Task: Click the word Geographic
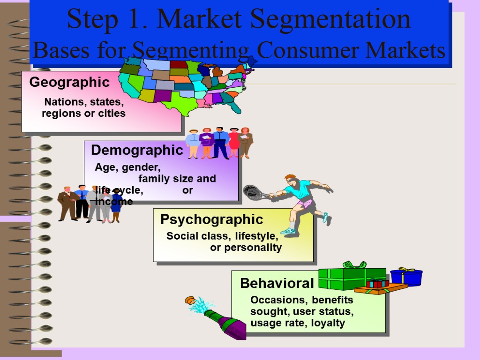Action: click(x=69, y=82)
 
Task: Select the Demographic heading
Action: click(x=137, y=150)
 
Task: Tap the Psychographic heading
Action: click(x=211, y=219)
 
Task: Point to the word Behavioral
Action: click(x=277, y=283)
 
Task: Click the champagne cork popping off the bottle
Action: click(x=190, y=300)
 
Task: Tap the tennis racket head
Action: click(x=253, y=192)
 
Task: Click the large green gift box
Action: click(x=352, y=279)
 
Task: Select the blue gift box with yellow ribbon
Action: click(x=406, y=277)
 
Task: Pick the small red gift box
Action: click(x=378, y=283)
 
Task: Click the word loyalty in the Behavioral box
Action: click(x=328, y=322)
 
